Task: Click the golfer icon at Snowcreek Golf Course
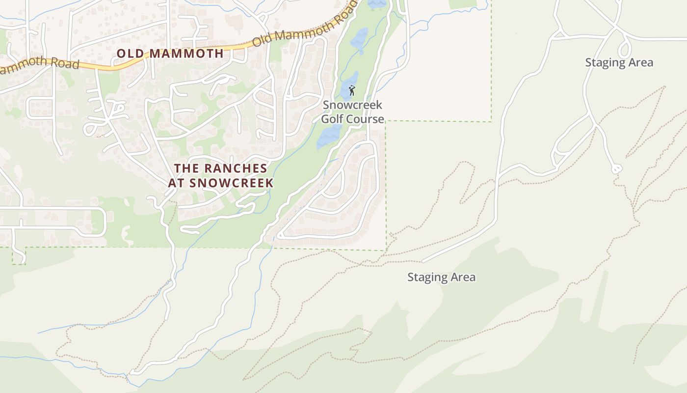coord(351,90)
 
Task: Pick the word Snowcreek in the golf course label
coord(352,105)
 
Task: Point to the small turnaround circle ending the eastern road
coord(616,169)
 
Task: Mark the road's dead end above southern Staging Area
coord(423,261)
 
